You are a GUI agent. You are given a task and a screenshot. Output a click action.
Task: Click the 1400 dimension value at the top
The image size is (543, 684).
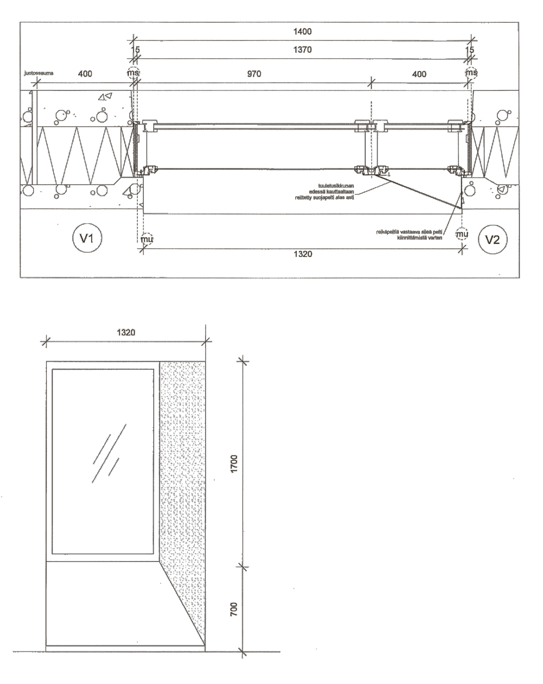tap(303, 32)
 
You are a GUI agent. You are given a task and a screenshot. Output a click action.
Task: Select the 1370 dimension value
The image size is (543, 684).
tap(303, 49)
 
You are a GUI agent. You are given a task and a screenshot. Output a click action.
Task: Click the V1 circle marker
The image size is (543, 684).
tap(86, 239)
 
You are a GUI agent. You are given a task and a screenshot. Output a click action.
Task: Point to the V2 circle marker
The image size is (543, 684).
tap(492, 239)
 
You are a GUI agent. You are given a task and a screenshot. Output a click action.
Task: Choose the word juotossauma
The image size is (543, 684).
tap(36, 71)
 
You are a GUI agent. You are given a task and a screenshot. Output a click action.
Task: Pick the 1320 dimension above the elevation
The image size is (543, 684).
tap(125, 331)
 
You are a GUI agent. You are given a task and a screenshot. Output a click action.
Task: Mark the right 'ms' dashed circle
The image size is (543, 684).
tap(471, 72)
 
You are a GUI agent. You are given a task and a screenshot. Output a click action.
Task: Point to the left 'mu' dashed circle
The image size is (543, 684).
tap(144, 238)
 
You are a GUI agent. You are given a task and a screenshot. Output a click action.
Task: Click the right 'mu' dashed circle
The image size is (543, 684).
tap(462, 234)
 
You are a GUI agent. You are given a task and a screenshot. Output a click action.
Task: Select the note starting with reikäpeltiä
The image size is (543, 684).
tap(412, 235)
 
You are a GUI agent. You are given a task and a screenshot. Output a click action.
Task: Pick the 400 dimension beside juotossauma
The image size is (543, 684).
tap(85, 74)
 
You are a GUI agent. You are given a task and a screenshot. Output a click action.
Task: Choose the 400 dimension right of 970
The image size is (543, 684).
tap(419, 74)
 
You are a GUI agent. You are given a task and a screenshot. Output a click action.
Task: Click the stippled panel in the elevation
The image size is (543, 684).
tap(183, 463)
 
